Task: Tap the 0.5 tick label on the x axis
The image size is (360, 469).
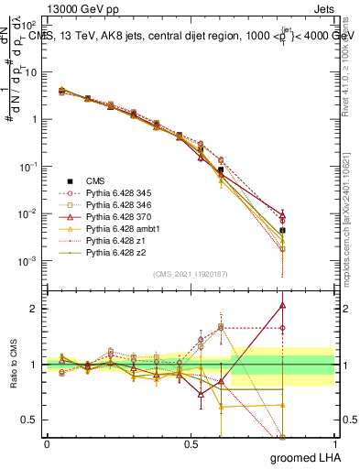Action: (191, 444)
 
